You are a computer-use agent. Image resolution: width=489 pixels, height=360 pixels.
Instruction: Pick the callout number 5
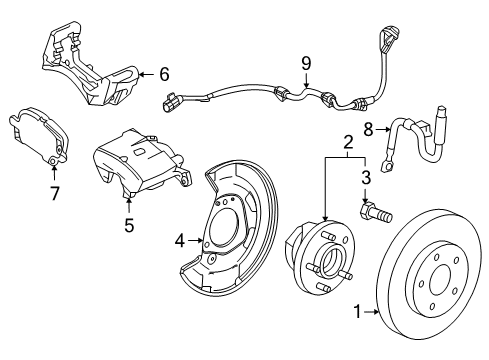[128, 225]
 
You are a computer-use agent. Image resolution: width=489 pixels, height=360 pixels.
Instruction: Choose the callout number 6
[165, 73]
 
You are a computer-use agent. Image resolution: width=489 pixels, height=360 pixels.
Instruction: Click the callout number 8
[368, 129]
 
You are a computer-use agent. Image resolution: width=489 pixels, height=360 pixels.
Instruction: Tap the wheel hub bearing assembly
[320, 269]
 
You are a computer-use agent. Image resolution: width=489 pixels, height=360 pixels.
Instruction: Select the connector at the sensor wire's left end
[171, 99]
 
